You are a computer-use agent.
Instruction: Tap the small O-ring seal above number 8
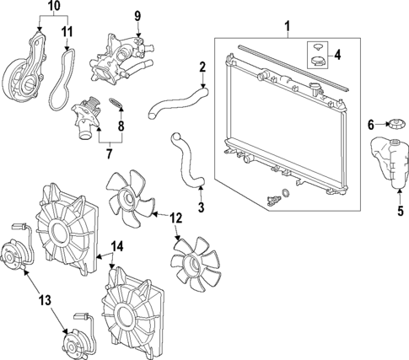(118, 107)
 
